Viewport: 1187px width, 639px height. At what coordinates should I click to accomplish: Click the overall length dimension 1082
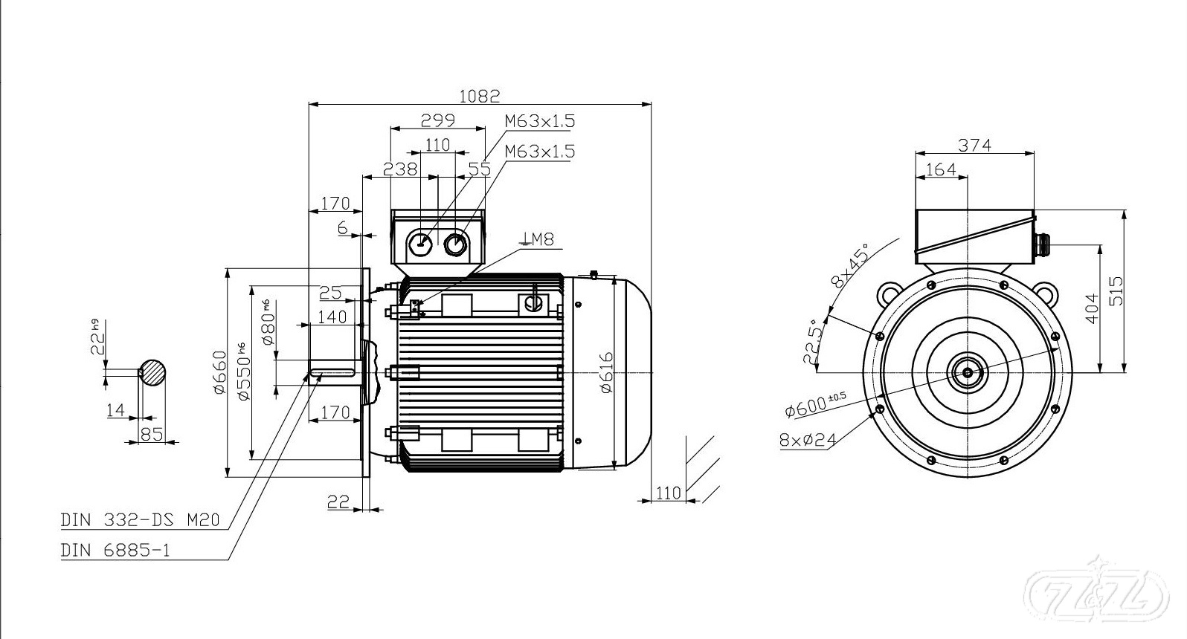click(479, 96)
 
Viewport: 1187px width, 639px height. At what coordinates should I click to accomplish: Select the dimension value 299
click(437, 120)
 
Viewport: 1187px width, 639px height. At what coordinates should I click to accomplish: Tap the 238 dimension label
click(399, 169)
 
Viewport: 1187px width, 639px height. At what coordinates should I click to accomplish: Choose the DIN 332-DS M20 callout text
click(140, 520)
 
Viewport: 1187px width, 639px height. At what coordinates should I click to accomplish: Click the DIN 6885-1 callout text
click(115, 551)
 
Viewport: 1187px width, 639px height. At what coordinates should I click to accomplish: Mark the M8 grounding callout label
click(539, 239)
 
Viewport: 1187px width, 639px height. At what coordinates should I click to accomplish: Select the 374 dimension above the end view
click(974, 146)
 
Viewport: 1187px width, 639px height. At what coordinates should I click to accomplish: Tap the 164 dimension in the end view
click(941, 169)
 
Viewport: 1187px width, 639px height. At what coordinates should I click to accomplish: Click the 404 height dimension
click(1092, 308)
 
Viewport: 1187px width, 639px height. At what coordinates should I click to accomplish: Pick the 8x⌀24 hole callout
click(808, 439)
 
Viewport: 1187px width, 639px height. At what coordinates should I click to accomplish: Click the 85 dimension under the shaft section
click(151, 433)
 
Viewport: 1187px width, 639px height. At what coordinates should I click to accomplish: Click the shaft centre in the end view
click(968, 372)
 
